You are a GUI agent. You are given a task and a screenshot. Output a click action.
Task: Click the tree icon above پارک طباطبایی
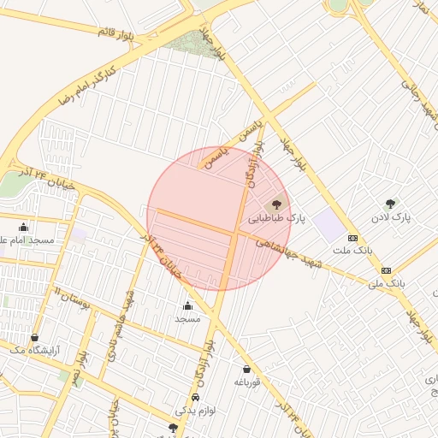[275, 205]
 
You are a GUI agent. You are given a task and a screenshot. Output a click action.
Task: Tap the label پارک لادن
[391, 217]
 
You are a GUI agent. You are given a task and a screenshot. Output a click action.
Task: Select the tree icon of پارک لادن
[391, 204]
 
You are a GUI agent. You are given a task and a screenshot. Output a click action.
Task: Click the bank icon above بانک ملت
[352, 238]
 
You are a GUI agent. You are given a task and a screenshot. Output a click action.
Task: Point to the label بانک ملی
[385, 281]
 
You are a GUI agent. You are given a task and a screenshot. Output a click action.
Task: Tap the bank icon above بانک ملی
[386, 269]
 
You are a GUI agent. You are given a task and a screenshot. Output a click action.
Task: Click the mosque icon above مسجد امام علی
[23, 228]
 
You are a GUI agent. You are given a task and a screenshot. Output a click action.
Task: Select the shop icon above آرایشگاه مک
[34, 337]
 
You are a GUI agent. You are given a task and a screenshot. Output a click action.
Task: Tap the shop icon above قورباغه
[246, 369]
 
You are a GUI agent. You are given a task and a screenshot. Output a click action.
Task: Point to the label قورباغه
[246, 382]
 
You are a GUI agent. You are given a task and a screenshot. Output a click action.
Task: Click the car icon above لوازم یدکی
[196, 399]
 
